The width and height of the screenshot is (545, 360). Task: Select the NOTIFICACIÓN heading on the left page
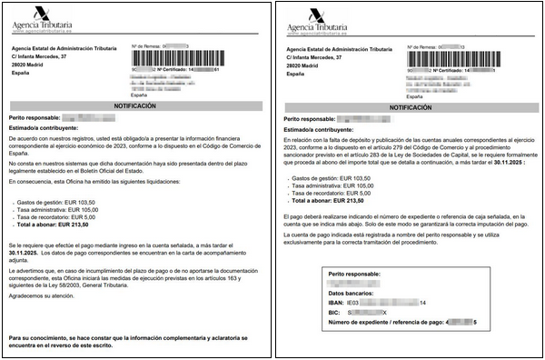pyautogui.click(x=134, y=106)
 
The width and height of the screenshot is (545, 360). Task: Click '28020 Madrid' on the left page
pyautogui.click(x=32, y=65)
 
